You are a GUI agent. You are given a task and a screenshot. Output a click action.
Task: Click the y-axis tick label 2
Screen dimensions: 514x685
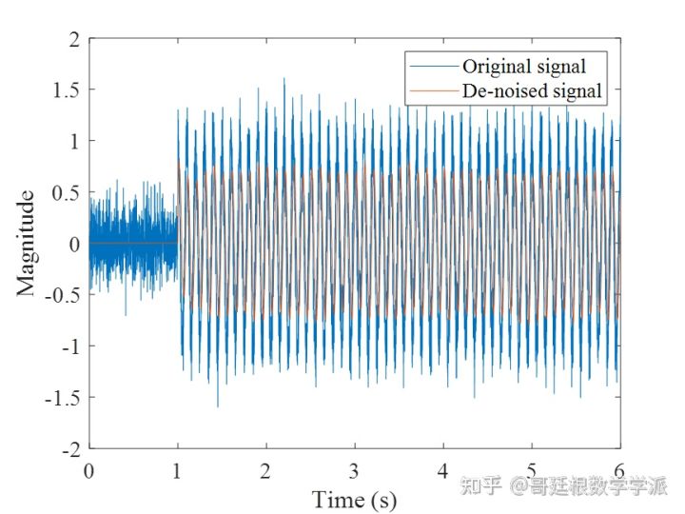click(x=74, y=39)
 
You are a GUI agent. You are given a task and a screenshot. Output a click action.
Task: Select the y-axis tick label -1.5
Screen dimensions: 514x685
click(x=63, y=397)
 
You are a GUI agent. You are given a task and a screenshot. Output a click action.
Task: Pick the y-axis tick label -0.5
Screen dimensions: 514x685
click(x=63, y=295)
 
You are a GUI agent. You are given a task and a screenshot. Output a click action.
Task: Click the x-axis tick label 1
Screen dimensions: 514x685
click(x=178, y=469)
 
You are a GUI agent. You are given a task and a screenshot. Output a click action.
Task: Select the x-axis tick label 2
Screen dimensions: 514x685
click(x=266, y=469)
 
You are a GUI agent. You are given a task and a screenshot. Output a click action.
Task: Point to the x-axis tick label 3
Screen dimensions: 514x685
click(x=355, y=469)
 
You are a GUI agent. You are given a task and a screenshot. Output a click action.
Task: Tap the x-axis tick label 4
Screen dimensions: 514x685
click(x=443, y=469)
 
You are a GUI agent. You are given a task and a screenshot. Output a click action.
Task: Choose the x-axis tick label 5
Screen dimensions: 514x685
click(x=532, y=469)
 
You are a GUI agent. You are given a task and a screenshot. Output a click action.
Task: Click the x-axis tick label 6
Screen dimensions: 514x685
click(x=620, y=469)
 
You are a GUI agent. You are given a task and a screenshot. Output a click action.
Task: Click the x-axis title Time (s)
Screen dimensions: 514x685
click(x=355, y=499)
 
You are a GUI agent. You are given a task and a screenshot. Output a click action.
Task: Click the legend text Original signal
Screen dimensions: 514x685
click(x=523, y=67)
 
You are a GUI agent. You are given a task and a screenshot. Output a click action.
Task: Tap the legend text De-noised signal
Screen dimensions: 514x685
click(x=532, y=91)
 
